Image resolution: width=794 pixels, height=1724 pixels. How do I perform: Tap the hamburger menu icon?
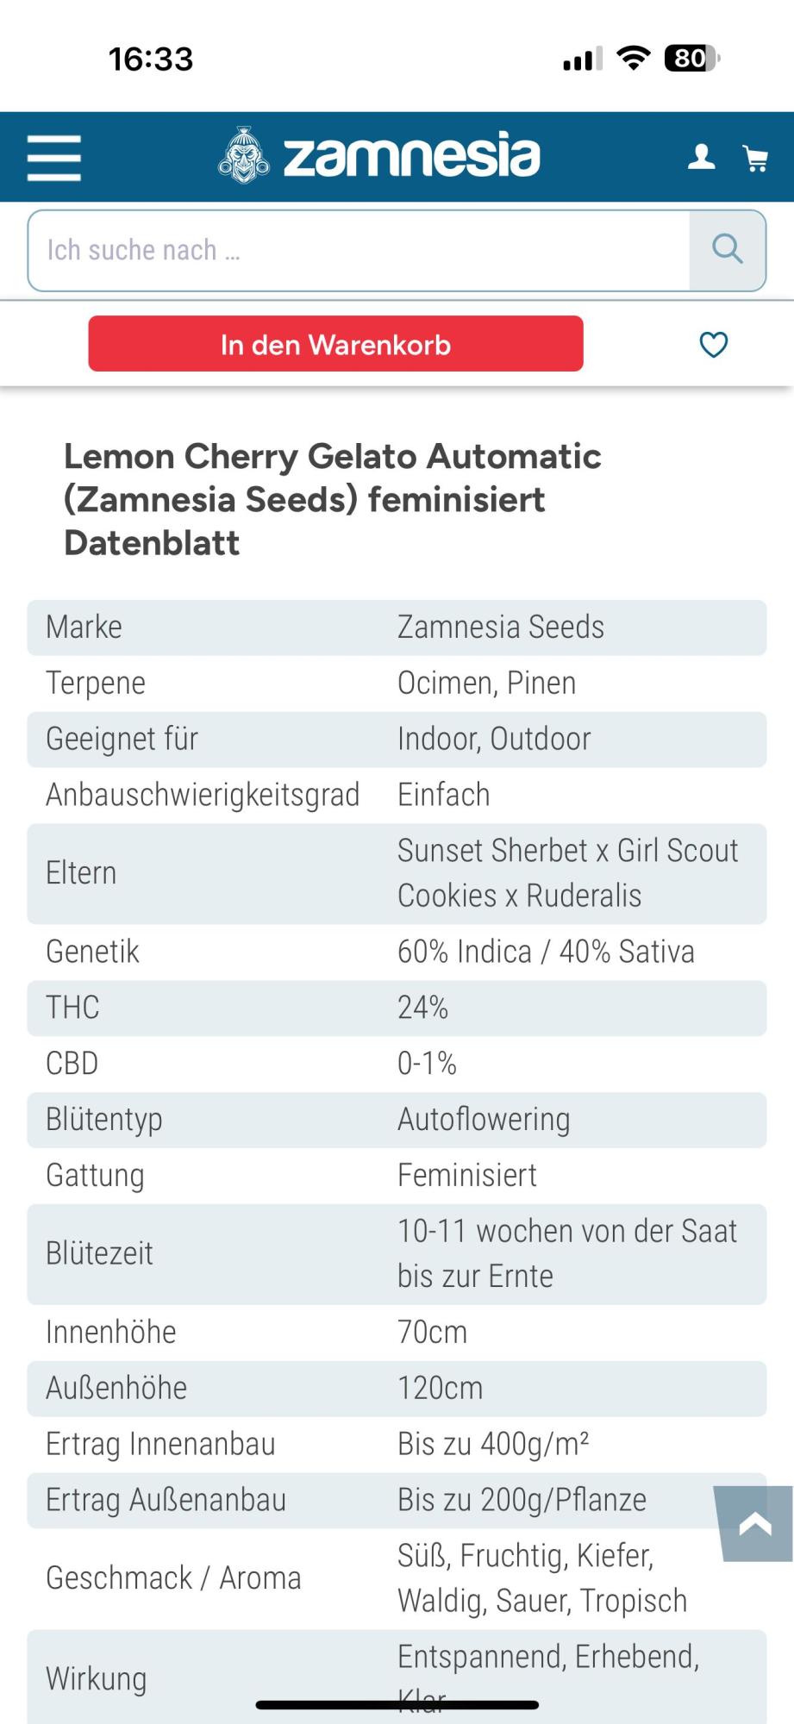53,158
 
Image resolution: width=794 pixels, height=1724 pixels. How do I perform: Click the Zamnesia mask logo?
244,156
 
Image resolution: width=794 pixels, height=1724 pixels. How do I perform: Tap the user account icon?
701,157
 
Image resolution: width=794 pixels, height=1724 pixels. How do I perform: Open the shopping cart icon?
755,158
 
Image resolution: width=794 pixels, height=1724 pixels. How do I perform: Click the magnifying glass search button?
727,250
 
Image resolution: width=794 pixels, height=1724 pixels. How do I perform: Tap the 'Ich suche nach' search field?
358,250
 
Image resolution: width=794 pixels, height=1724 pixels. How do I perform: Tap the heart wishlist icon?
713,345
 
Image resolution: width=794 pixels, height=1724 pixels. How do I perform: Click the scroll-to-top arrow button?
755,1524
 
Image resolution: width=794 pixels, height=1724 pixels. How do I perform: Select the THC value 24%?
422,1008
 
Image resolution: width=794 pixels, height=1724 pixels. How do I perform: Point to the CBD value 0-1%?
427,1064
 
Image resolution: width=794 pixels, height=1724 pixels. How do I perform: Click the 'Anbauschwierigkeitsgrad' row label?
203,795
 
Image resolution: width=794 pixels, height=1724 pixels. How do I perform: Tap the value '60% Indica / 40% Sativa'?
546,952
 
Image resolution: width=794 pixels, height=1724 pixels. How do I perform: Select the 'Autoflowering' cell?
484,1120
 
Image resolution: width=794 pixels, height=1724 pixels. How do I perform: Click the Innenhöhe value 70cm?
432,1333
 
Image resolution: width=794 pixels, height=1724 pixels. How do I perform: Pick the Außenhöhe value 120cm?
440,1389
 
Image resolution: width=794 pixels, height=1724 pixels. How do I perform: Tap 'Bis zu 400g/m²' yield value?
493,1445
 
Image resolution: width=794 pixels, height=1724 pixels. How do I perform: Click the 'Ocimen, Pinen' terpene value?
486,683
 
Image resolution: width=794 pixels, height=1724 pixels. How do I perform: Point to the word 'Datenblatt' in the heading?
152,543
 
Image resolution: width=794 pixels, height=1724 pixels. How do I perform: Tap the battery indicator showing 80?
691,59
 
